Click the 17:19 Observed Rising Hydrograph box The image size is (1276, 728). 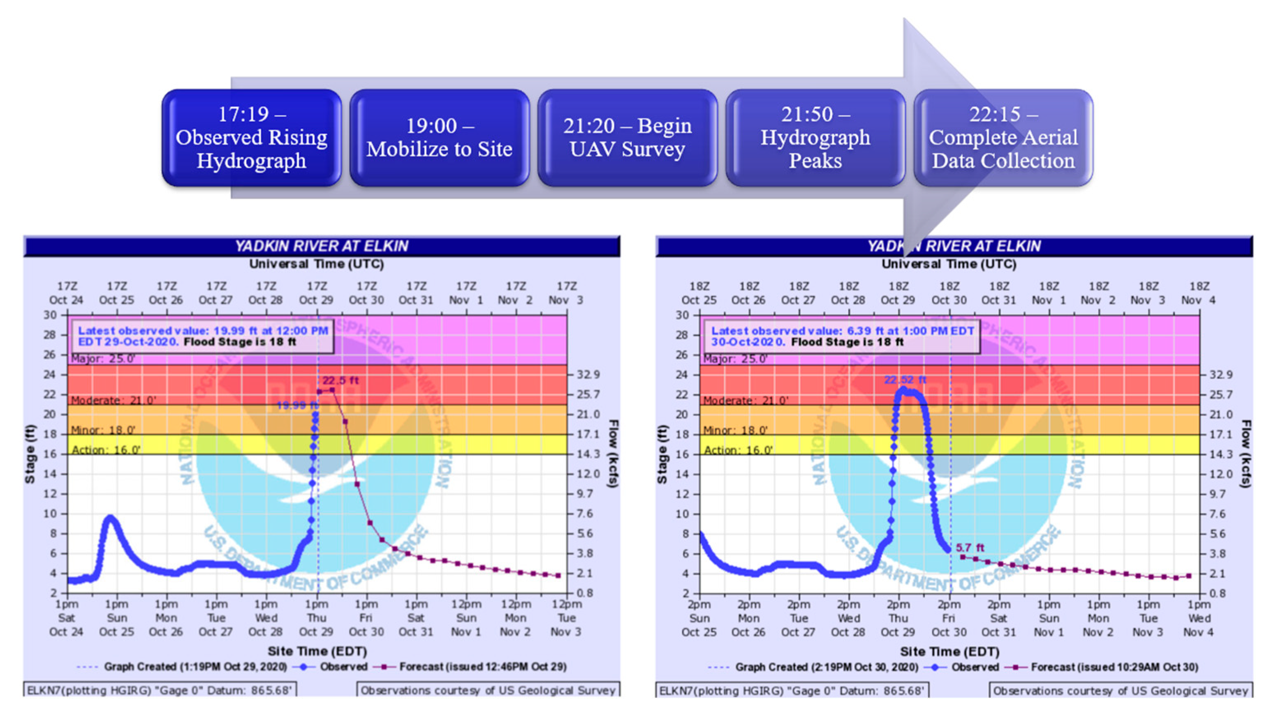pyautogui.click(x=251, y=138)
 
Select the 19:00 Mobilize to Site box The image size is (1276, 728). pyautogui.click(x=439, y=138)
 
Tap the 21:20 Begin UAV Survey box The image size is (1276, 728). pyautogui.click(x=627, y=138)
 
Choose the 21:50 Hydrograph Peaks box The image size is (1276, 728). pyautogui.click(x=815, y=138)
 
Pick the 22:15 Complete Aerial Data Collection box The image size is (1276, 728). pyautogui.click(x=1003, y=138)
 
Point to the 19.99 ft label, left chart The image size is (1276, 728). pyautogui.click(x=297, y=405)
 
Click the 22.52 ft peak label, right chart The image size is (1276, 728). pyautogui.click(x=905, y=380)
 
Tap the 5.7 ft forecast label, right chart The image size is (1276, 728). pyautogui.click(x=969, y=548)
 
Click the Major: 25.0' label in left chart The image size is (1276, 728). pyautogui.click(x=103, y=359)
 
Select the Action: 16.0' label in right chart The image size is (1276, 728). pyautogui.click(x=738, y=450)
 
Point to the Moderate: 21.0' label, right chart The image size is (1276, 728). pyautogui.click(x=746, y=401)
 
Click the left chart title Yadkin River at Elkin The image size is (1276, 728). pyautogui.click(x=322, y=246)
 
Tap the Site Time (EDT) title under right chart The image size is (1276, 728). pyautogui.click(x=949, y=652)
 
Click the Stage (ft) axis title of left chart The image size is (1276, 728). pyautogui.click(x=30, y=454)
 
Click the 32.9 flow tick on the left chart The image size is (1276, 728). pyautogui.click(x=588, y=375)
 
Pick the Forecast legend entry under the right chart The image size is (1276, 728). pyautogui.click(x=1114, y=667)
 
